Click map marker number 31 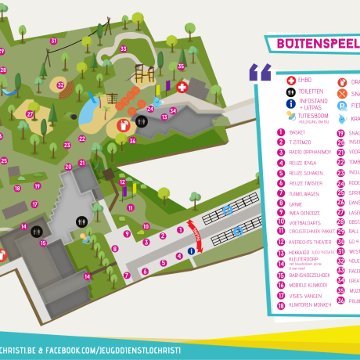coord(55,41)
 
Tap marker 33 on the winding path coord(124,49)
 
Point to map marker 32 coord(60,85)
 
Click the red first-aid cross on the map coord(182,88)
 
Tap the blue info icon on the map coord(191,251)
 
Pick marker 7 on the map coord(126,275)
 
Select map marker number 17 coord(34,204)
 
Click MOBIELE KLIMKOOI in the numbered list coord(308,285)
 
